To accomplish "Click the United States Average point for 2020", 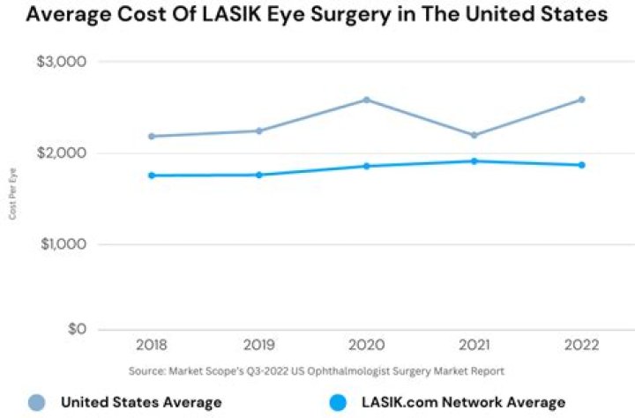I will click(366, 100).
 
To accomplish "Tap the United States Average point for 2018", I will click(152, 136).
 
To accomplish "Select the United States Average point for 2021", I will click(474, 135).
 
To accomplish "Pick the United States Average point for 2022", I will click(581, 100).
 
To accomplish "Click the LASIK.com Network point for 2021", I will click(474, 160).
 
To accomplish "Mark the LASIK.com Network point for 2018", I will click(152, 175).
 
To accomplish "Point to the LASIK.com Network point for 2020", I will click(366, 166).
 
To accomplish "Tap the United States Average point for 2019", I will click(258, 131).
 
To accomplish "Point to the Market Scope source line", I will click(316, 370).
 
